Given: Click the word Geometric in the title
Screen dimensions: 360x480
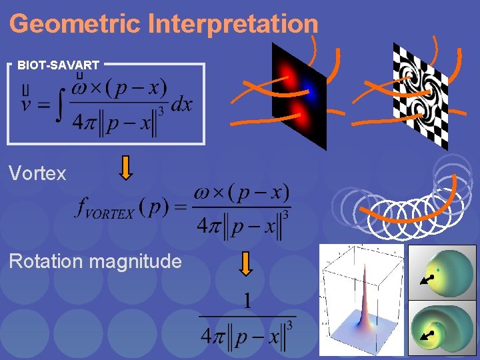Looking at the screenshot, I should (x=75, y=24).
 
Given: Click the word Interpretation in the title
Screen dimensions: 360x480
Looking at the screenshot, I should (x=233, y=24).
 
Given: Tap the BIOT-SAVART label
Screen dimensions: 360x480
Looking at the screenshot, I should (x=59, y=65).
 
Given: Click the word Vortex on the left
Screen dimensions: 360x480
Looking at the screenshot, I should (x=37, y=174).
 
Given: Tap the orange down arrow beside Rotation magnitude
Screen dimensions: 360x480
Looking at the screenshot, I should (x=246, y=263).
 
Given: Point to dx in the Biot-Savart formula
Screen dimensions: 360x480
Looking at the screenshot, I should (x=181, y=105).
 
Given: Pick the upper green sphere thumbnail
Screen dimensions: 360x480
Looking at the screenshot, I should (x=442, y=271).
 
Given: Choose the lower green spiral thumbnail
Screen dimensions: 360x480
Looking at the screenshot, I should (x=442, y=327).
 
